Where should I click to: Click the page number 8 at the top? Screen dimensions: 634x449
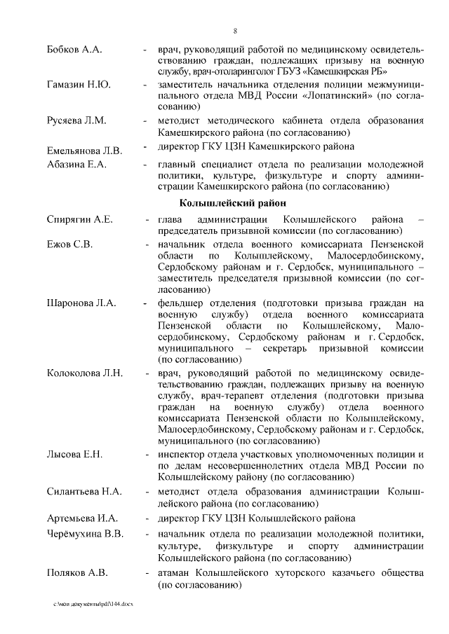pos(234,31)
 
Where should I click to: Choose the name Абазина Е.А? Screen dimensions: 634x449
pos(76,164)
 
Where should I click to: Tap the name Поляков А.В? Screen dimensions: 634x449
pos(77,573)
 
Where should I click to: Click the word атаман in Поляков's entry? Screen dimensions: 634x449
pos(176,573)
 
